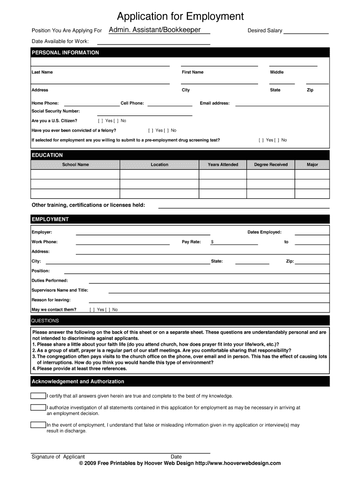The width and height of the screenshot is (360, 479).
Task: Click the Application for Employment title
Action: pyautogui.click(x=180, y=17)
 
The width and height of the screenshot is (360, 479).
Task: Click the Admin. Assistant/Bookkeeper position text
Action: pyautogui.click(x=155, y=30)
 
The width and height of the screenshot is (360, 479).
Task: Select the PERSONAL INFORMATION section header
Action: pyautogui.click(x=65, y=53)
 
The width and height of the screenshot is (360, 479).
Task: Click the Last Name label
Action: pyautogui.click(x=42, y=73)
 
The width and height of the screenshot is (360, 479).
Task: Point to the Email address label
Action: pyautogui.click(x=215, y=103)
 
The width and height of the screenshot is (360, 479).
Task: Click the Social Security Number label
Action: pyautogui.click(x=56, y=111)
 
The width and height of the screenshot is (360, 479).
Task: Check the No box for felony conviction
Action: pyautogui.click(x=166, y=131)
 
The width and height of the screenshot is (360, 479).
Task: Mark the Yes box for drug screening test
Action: pyautogui.click(x=261, y=140)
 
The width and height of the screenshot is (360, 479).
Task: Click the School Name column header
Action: pyautogui.click(x=75, y=165)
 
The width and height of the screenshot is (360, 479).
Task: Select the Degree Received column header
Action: pyautogui.click(x=271, y=165)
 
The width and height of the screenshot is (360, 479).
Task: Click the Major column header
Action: pyautogui.click(x=312, y=165)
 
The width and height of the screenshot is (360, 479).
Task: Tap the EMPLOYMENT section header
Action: pyautogui.click(x=50, y=219)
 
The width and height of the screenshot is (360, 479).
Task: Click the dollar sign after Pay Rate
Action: pyautogui.click(x=212, y=242)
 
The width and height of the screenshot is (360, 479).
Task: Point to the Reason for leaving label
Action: pyautogui.click(x=51, y=300)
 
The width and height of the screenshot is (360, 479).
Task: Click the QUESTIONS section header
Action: pyautogui.click(x=45, y=321)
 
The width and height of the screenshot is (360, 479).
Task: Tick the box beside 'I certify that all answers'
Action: pyautogui.click(x=38, y=396)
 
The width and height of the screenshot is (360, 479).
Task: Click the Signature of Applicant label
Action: pyautogui.click(x=58, y=457)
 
